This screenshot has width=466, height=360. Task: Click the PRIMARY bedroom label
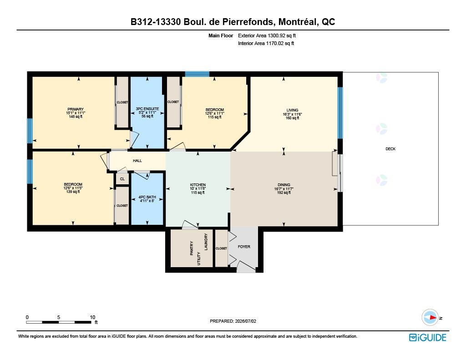coord(76,109)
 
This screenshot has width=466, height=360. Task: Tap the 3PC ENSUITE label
coord(147,109)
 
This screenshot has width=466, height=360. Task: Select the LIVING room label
coord(293,110)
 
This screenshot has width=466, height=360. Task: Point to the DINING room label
coord(284,185)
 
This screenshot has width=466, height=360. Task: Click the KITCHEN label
coord(198,185)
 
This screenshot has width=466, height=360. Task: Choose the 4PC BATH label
coord(147,197)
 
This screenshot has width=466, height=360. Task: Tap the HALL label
coord(137,161)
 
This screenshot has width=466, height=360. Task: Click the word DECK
coord(390,149)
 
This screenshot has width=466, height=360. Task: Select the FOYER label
coord(244,246)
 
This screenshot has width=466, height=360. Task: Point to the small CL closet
coord(122,179)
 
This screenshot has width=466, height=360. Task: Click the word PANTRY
coord(192,248)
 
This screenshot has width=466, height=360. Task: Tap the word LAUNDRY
coord(206,242)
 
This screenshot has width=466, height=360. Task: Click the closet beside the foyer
coord(221,248)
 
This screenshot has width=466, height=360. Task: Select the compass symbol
coord(430,318)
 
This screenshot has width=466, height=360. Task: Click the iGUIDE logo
coord(428,337)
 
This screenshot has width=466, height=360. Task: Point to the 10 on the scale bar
coord(92,317)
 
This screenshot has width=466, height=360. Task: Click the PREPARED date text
coord(233,321)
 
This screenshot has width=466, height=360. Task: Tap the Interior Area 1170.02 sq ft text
coord(266,43)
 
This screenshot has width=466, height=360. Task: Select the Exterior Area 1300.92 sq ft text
coord(267,35)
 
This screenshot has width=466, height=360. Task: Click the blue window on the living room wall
coord(340,113)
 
